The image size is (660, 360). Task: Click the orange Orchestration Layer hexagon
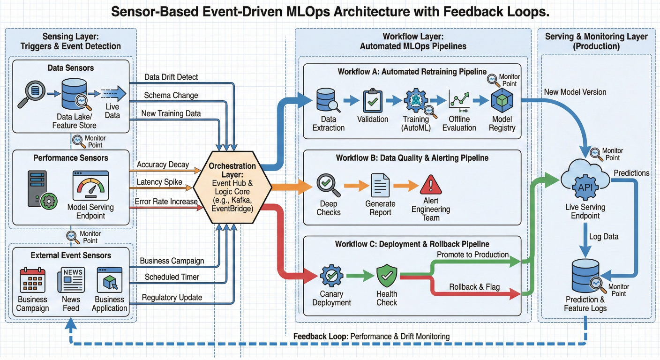(x=232, y=187)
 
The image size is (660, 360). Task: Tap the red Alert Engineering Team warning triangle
(x=430, y=185)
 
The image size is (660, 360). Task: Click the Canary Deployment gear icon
(x=331, y=277)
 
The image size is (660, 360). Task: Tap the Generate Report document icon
(x=380, y=185)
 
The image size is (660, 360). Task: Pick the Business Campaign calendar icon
(x=32, y=280)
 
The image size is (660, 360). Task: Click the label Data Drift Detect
(x=171, y=77)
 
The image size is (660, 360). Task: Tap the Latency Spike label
(x=159, y=182)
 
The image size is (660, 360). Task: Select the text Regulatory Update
(x=172, y=298)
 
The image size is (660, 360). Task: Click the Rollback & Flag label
(x=474, y=287)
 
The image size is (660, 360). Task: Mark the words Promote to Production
(x=473, y=255)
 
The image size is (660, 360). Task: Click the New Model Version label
(x=575, y=92)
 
